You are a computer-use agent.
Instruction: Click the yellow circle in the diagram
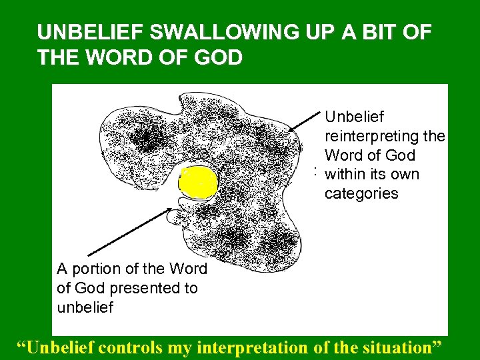(199, 181)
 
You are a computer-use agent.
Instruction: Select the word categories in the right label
(361, 193)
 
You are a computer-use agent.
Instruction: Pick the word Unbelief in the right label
(355, 117)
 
